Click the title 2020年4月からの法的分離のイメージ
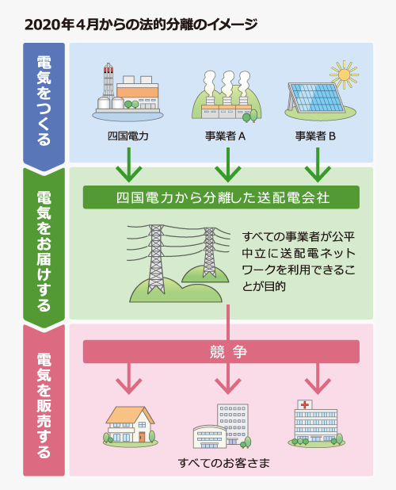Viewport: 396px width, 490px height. point(141,25)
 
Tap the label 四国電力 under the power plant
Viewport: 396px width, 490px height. point(128,136)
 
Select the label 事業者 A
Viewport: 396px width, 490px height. point(225,136)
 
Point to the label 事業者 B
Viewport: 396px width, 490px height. point(315,136)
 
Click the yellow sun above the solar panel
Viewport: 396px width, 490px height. point(345,75)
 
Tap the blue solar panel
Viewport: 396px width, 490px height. point(316,98)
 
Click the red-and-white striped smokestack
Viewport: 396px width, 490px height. point(108,80)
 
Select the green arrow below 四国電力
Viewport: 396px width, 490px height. point(129,165)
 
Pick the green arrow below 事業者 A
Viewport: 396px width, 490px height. point(228,165)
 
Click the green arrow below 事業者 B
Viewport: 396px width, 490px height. point(318,165)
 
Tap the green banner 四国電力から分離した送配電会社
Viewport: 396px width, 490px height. point(221,197)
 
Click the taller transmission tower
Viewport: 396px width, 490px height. point(156,259)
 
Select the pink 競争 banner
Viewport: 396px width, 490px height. point(221,351)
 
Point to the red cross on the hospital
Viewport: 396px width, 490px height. point(305,404)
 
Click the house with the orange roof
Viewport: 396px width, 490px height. point(131,425)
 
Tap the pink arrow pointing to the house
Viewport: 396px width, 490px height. point(129,378)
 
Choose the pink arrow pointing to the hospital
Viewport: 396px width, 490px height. point(318,378)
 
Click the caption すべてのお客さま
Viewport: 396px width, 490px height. point(224,463)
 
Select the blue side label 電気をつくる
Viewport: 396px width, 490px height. point(44,101)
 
